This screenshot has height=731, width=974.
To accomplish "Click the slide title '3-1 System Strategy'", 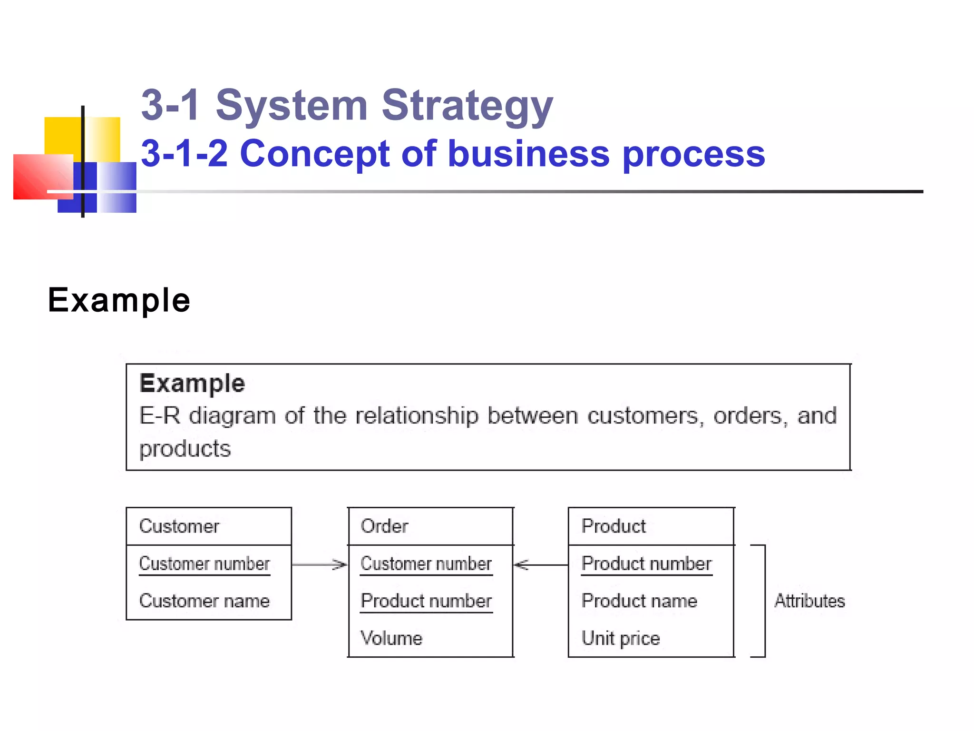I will [x=347, y=106].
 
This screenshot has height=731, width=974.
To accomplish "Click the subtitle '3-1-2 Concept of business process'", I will [x=453, y=154].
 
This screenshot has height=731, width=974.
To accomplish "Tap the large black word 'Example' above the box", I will [x=119, y=300].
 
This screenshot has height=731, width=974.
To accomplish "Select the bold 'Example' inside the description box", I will [x=192, y=384].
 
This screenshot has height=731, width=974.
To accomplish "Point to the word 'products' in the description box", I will [x=185, y=449].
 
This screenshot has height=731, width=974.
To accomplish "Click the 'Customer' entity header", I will [x=179, y=526].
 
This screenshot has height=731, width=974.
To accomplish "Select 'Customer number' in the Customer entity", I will [x=205, y=564].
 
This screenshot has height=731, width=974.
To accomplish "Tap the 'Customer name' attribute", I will [x=205, y=601].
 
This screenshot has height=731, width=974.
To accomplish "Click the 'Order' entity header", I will [x=384, y=526].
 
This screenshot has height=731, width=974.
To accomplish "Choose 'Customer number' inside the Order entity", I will [x=426, y=564].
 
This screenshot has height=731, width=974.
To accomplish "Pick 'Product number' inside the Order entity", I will [x=426, y=601].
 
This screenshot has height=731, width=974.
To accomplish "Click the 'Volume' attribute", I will [x=391, y=638].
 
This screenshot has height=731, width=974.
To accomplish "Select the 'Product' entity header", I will [x=614, y=526].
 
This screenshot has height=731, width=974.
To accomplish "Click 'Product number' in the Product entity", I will [x=647, y=564].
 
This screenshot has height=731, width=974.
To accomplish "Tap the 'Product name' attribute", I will [x=639, y=601].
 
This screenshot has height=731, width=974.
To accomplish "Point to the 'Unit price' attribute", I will [x=621, y=638].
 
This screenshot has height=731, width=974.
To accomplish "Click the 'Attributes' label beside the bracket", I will [x=809, y=601].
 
